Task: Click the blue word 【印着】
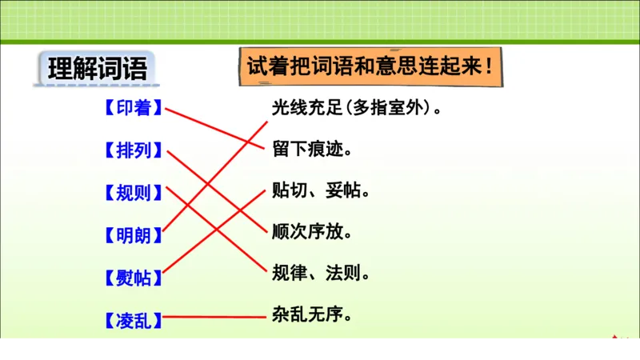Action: coord(133,107)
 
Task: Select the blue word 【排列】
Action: coord(133,150)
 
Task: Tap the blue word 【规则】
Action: coord(133,193)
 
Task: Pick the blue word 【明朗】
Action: coord(133,235)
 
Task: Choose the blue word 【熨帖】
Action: coord(133,278)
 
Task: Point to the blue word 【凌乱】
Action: coord(133,321)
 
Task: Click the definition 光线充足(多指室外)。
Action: coord(357,107)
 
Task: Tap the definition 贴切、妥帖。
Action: coord(320,191)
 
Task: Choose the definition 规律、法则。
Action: coord(320,274)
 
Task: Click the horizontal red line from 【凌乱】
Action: coord(214,317)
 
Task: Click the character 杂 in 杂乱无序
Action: coord(281,315)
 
